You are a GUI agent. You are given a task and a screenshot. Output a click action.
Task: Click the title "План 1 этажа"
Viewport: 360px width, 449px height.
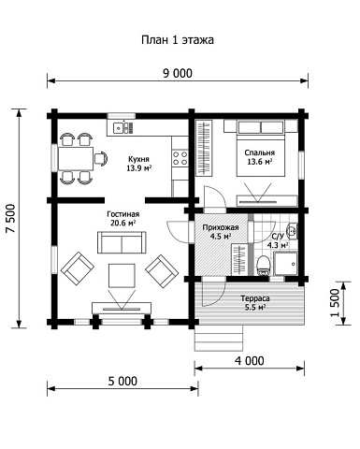(x=178, y=40)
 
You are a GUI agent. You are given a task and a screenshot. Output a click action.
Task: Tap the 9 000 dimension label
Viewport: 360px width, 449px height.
(x=178, y=73)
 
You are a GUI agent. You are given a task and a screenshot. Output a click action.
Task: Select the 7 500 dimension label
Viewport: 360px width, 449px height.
(x=11, y=219)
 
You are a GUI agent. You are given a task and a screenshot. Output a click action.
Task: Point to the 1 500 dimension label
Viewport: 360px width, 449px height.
(x=335, y=302)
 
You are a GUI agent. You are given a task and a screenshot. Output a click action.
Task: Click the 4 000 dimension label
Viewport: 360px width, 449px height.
(x=250, y=361)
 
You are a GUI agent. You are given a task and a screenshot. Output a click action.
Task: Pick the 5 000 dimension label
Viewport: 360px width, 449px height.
(x=122, y=381)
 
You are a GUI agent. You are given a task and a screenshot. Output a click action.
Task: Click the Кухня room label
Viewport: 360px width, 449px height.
(x=138, y=159)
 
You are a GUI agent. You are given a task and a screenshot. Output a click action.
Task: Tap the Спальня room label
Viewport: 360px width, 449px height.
(x=260, y=152)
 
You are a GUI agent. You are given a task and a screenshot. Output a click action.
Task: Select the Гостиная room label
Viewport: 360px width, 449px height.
(x=122, y=214)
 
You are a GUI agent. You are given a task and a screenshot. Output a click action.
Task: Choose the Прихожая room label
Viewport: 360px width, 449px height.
(x=221, y=227)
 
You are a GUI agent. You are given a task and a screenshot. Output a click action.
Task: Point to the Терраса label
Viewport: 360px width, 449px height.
(x=255, y=298)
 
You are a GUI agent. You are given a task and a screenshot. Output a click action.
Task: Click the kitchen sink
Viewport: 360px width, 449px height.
(x=122, y=127)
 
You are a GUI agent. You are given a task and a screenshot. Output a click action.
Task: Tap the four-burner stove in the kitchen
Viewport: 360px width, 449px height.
(x=180, y=158)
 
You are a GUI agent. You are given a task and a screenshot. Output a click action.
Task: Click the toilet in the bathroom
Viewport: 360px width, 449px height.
(x=264, y=266)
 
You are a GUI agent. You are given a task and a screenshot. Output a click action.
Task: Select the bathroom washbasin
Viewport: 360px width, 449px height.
(x=292, y=231)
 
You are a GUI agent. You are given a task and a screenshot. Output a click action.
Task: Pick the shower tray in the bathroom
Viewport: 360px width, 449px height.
(x=285, y=264)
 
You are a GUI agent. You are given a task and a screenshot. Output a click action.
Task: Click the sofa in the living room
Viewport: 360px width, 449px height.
(x=122, y=242)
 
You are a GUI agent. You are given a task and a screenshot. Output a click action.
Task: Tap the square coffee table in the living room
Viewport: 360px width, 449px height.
(x=122, y=275)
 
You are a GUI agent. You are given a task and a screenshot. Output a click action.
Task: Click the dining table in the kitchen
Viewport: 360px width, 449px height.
(x=76, y=159)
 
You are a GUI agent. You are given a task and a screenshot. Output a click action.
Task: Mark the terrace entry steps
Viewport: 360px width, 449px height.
(x=219, y=338)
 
